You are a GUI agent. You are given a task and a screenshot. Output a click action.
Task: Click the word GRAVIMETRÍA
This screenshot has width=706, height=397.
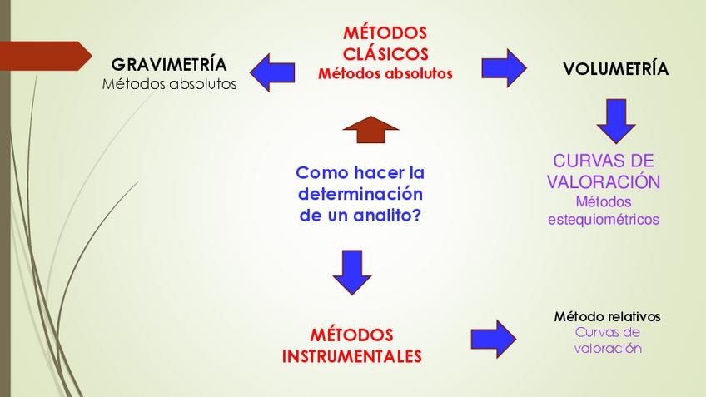point(169,64)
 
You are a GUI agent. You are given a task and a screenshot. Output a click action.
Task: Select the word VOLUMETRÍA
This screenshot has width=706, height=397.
point(615,69)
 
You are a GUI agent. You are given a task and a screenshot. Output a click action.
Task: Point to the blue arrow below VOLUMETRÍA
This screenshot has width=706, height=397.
point(616,121)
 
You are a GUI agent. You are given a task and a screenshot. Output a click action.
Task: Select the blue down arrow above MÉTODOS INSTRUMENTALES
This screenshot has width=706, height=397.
point(351,270)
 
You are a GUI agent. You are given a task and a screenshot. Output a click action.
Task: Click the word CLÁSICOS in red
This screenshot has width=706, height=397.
point(385,54)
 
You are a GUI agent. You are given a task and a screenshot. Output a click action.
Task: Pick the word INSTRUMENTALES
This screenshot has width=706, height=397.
point(352,356)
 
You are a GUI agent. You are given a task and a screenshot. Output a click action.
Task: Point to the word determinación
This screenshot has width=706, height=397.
point(360,194)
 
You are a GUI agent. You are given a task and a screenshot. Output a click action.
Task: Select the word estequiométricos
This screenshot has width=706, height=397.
point(604,220)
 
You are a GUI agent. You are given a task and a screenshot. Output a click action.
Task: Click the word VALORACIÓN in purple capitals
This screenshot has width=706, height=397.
point(604,181)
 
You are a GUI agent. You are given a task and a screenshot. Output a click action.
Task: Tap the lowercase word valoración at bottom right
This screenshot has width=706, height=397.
point(608,348)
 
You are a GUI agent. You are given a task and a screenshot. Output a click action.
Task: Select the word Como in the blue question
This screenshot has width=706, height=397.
point(320,173)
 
